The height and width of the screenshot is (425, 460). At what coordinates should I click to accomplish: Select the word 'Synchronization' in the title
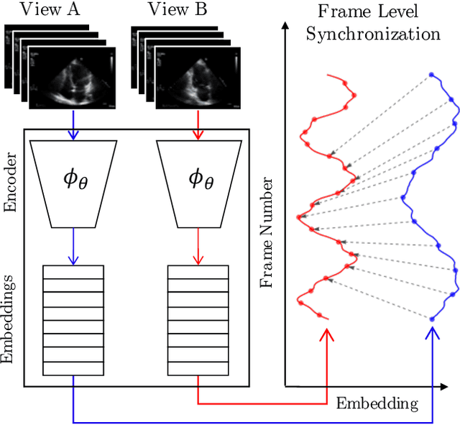click(373, 34)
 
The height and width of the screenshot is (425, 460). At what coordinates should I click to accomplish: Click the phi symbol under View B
click(201, 178)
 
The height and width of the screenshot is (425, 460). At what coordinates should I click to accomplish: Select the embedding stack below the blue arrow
click(73, 321)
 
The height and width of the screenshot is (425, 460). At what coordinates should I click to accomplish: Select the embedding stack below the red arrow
click(198, 321)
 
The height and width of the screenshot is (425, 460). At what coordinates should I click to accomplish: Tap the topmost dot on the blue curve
click(431, 74)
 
